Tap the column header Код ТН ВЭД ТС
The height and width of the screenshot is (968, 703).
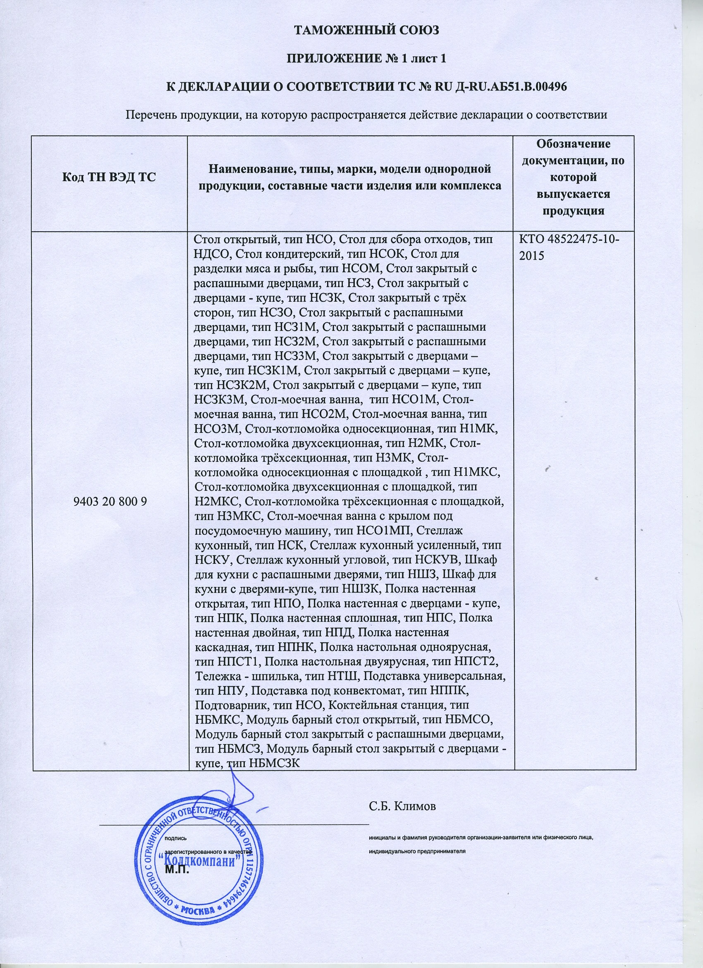110,177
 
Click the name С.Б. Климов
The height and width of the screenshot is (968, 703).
403,806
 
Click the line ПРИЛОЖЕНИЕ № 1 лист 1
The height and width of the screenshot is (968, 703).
367,58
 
